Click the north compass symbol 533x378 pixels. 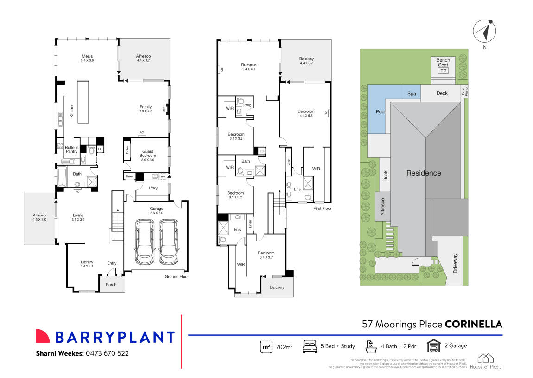pos(484,32)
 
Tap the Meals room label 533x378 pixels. pos(88,56)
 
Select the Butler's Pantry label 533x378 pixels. pos(71,149)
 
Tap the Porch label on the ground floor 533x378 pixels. pos(111,285)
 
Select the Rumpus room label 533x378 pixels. pos(248,65)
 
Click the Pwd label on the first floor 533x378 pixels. pos(247,105)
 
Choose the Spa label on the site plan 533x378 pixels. pos(411,93)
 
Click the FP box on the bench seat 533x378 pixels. pos(443,71)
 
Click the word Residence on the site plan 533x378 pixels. pos(423,173)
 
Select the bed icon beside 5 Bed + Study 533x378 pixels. pos(309,346)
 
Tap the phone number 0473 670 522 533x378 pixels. pos(107,353)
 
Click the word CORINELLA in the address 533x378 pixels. pos(473,324)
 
